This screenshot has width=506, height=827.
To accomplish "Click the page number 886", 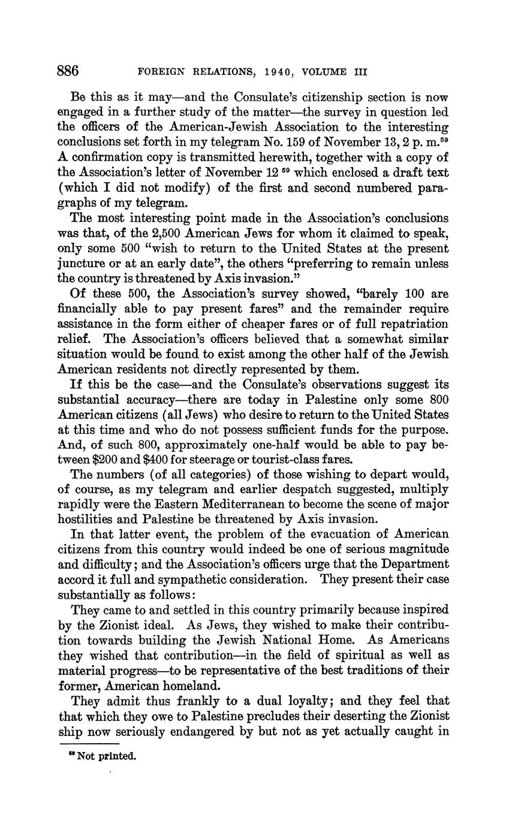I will [68, 71].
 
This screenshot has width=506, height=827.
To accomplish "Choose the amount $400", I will [159, 460].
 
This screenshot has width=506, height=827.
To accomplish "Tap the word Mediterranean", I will [279, 505].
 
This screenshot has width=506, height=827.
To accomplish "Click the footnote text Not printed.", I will [107, 756].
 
